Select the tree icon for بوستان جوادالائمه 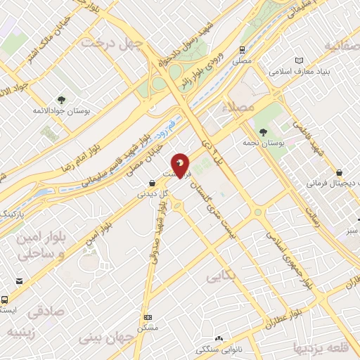(61, 100)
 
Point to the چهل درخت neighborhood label (112, 43)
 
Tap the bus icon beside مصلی (242, 50)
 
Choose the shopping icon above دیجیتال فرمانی (340, 172)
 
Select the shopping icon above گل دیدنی (153, 183)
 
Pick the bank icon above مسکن (148, 318)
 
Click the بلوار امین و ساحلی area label (41, 245)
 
